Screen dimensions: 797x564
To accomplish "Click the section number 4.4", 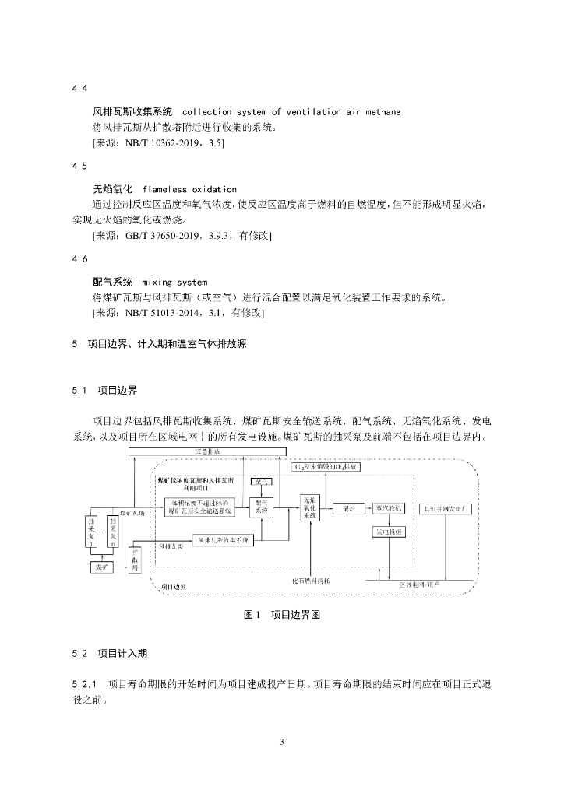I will (x=79, y=90).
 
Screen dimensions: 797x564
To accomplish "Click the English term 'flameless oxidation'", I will (x=189, y=189).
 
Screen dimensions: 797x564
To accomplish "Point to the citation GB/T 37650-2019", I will (x=159, y=235).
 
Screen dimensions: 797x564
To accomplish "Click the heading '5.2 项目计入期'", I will (x=109, y=652).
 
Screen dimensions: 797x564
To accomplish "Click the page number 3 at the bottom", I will (x=282, y=741).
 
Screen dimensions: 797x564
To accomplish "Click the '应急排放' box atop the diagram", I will (x=206, y=452).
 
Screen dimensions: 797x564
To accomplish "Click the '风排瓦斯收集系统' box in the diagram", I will (x=222, y=539).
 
